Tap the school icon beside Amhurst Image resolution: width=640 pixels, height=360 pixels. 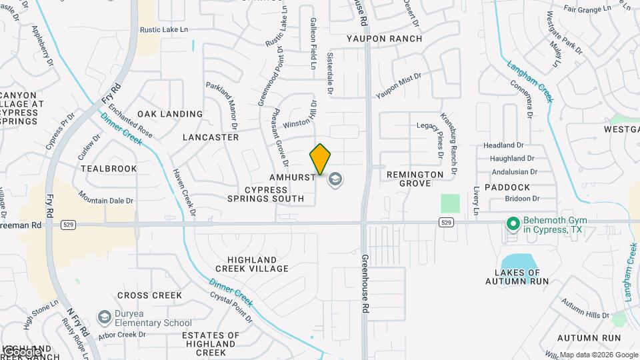coord(335,179)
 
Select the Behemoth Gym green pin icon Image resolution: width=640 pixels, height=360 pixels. coord(513,223)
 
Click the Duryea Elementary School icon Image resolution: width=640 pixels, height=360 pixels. coord(103,316)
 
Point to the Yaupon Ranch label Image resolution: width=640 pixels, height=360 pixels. coord(384,39)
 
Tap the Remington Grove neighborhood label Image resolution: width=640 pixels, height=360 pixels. coord(415,179)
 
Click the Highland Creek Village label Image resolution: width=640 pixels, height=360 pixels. coord(257,264)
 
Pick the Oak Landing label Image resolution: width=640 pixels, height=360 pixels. coord(170,114)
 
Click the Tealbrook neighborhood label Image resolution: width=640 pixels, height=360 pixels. coord(109,169)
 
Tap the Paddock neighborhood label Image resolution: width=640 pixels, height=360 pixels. coord(507,187)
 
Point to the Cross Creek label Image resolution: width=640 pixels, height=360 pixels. coord(149,295)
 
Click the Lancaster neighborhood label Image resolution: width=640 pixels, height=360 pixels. coord(210,137)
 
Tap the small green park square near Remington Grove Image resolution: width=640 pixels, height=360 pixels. coord(450,203)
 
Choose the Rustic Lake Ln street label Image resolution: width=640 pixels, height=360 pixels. coord(164,30)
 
